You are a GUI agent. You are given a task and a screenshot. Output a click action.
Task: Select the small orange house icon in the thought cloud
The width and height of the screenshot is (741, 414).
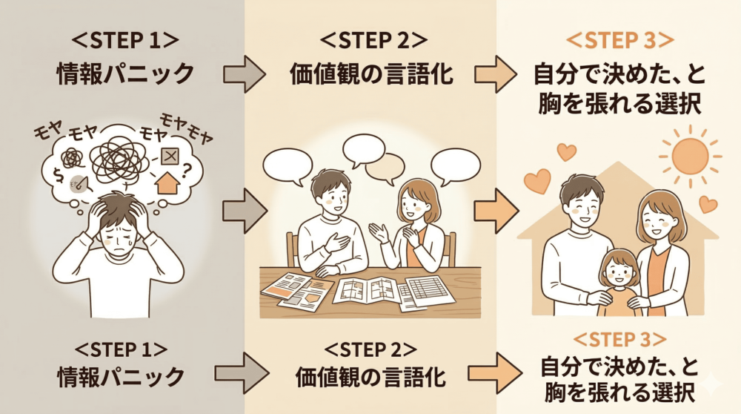point(168,182)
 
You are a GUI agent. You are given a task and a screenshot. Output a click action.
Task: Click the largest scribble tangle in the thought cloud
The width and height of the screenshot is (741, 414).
point(118,159)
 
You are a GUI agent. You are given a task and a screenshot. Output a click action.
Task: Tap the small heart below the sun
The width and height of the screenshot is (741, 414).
point(708,203)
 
